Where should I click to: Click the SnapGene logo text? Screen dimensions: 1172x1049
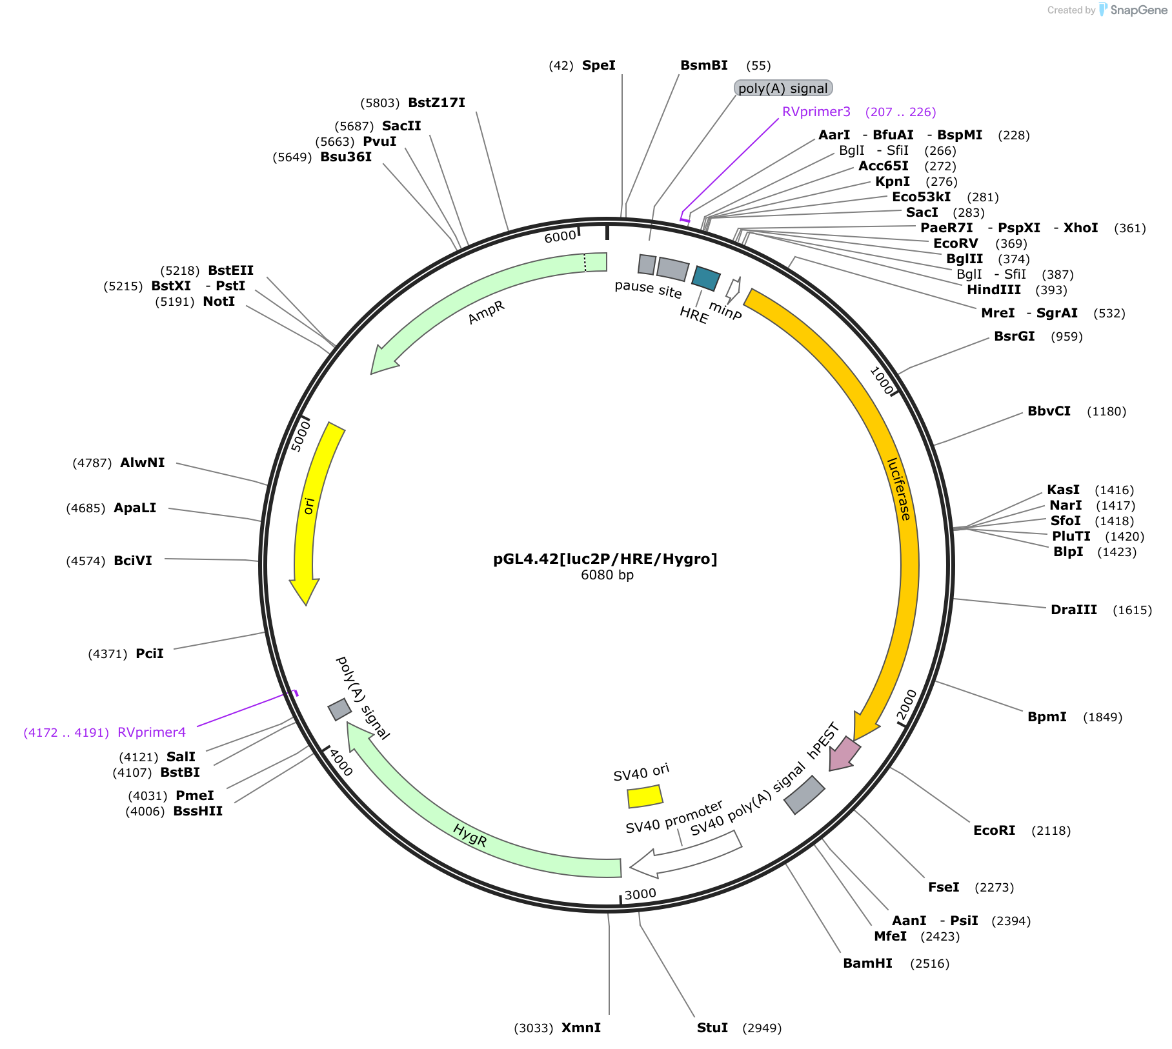coord(1139,10)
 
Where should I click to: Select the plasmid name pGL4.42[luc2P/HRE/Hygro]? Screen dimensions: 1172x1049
coord(605,559)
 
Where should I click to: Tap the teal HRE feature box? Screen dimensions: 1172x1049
coord(705,278)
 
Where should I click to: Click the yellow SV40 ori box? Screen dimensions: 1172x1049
coord(645,796)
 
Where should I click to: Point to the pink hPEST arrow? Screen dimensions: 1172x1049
coord(844,754)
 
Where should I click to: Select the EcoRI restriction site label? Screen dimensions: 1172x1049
coord(994,830)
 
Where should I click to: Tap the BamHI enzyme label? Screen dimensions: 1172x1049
coord(867,963)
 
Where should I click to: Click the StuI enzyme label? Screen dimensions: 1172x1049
coord(712,1028)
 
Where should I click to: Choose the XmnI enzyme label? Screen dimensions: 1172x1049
coord(581,1028)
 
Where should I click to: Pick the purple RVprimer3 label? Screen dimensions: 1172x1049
coord(816,112)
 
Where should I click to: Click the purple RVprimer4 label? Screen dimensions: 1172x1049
coord(152,732)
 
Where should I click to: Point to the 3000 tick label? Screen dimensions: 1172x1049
coord(640,894)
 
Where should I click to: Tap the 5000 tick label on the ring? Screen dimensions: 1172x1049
coord(301,435)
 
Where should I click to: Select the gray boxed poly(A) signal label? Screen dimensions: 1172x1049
coord(783,88)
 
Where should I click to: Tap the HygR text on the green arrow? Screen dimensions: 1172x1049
coord(470,835)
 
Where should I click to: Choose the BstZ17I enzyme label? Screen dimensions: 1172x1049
coord(436,103)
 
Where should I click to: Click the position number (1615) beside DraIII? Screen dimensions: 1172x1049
coord(1132,610)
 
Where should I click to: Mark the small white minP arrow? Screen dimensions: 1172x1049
coord(733,290)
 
